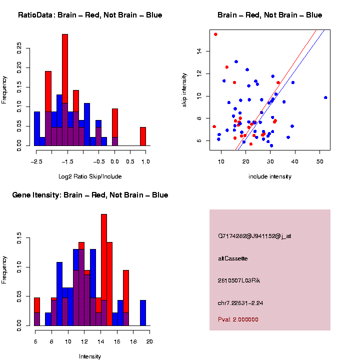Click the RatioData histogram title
(90, 15)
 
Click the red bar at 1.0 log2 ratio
(143, 136)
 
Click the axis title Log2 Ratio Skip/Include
(90, 176)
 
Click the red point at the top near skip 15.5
(215, 34)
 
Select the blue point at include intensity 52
(325, 97)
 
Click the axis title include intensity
(270, 176)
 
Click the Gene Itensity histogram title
(90, 195)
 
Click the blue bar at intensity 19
(143, 313)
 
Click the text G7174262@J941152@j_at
(254, 236)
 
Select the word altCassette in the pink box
(233, 258)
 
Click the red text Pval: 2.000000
(238, 319)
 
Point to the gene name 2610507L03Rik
(239, 280)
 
